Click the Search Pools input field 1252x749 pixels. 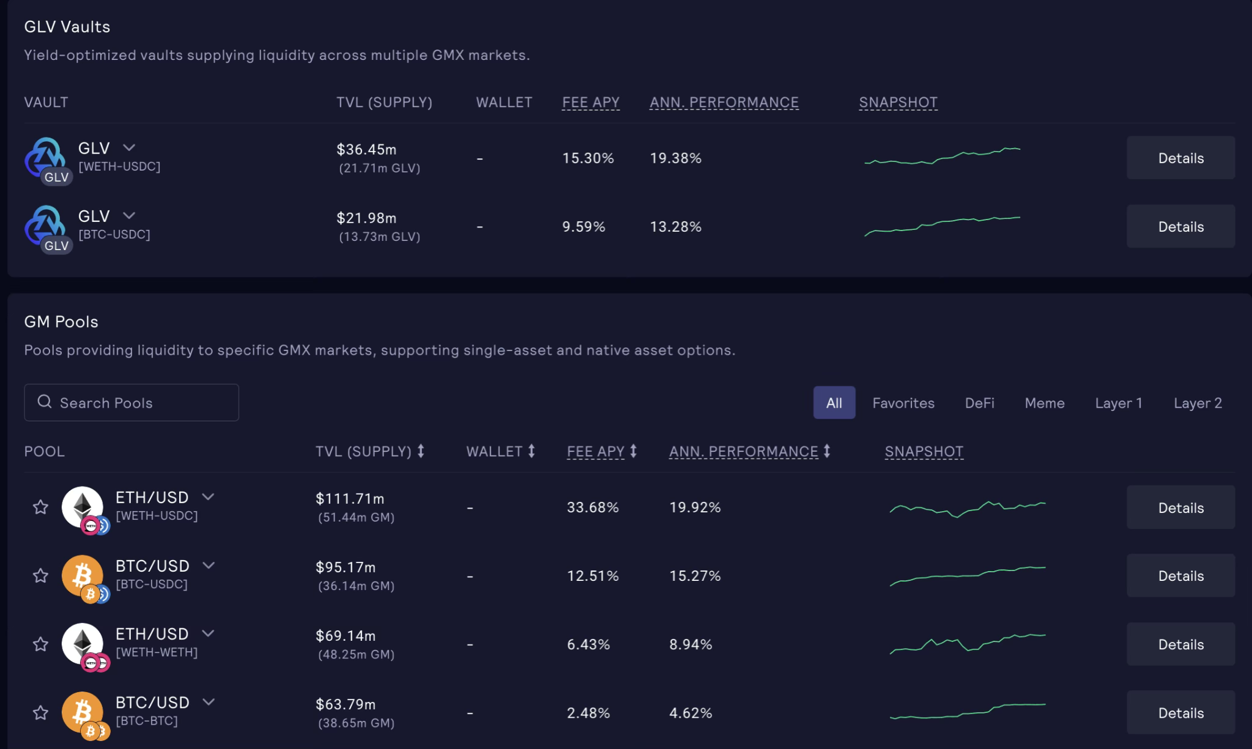click(x=131, y=402)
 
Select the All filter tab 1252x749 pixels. click(x=834, y=403)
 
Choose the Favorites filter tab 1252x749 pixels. click(x=903, y=403)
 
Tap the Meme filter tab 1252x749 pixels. click(x=1044, y=403)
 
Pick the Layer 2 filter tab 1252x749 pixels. click(x=1197, y=403)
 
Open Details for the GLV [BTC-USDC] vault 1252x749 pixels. click(x=1180, y=227)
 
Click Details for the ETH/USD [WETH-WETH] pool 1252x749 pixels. click(x=1180, y=644)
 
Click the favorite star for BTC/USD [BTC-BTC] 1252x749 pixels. click(x=41, y=712)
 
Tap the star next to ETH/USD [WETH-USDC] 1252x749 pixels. click(x=41, y=507)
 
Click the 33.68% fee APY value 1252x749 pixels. click(x=592, y=507)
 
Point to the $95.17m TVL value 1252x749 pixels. click(x=346, y=567)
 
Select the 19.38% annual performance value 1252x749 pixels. click(x=675, y=158)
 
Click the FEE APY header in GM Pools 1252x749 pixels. click(x=595, y=452)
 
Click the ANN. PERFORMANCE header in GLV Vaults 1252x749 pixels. click(x=724, y=102)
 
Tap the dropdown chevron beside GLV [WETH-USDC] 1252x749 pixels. click(x=129, y=147)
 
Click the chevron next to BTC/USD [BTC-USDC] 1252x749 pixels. click(x=209, y=565)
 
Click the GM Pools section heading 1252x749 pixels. click(x=61, y=322)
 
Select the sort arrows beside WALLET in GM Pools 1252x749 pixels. click(x=532, y=451)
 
